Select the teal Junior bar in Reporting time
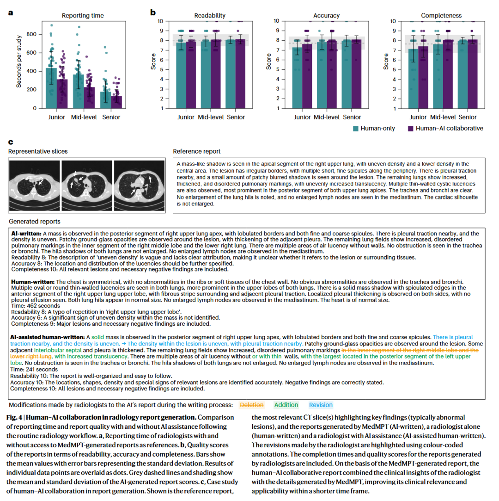pos(51,88)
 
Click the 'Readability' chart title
pos(210,16)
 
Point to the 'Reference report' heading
pos(197,151)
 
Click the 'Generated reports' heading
pos(34,222)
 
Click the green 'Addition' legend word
pos(286,405)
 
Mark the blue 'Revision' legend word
pos(321,405)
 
